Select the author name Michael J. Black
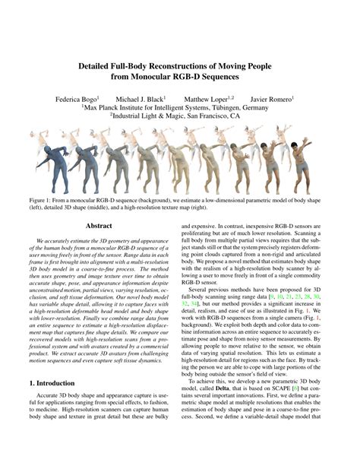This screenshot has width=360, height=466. [x=141, y=99]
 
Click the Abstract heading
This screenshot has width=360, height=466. [x=99, y=226]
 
